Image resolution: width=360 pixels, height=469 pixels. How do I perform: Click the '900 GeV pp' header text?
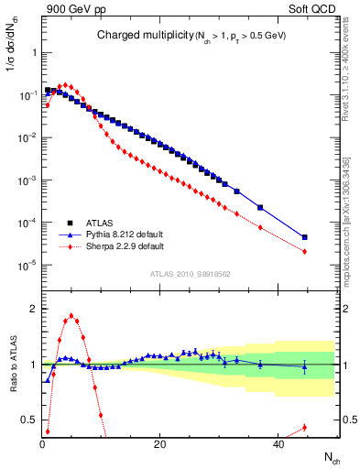coord(74,10)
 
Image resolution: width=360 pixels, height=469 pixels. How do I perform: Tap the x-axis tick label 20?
coord(159,444)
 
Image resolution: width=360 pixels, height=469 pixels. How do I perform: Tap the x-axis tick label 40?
coord(276,444)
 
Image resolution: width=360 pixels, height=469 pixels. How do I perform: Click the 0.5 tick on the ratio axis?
coord(27,420)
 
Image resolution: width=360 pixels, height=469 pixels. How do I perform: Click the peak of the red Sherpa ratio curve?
coord(71,316)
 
